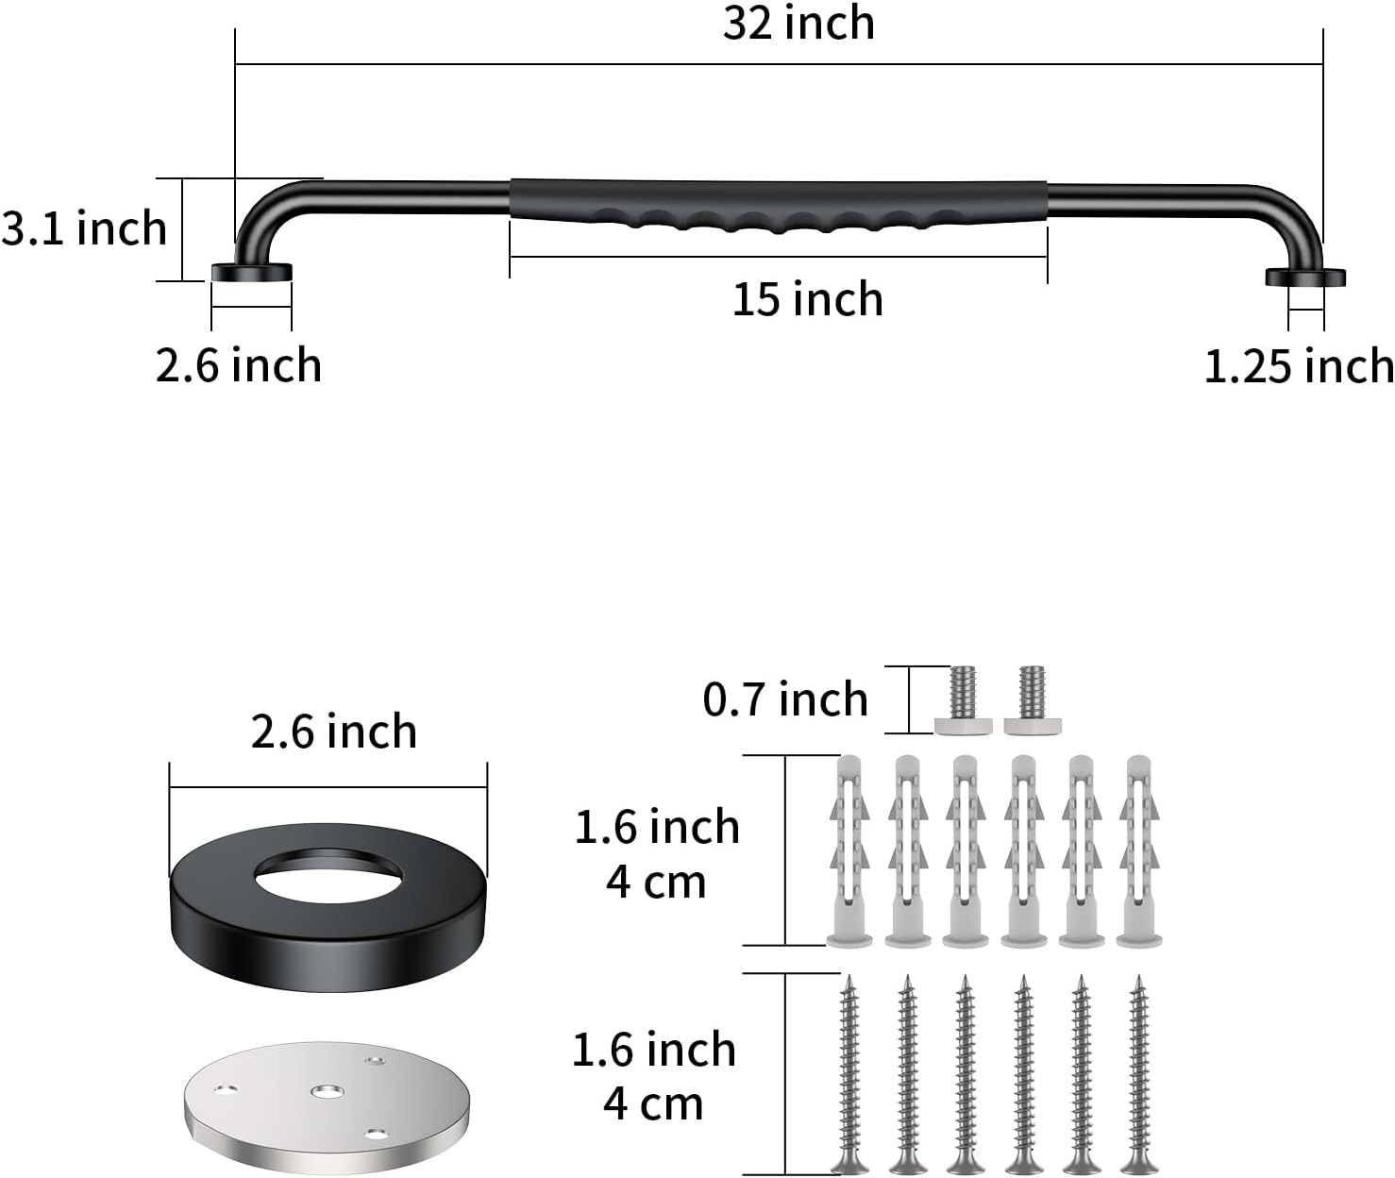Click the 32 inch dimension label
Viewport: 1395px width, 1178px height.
798,24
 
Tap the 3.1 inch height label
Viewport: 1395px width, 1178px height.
83,227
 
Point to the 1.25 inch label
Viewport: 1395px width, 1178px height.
1299,366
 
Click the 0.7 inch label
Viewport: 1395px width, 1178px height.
785,698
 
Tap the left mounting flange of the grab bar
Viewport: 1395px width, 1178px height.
252,272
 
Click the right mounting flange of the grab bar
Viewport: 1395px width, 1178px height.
1305,278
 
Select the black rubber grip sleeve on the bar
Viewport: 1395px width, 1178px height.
779,205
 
